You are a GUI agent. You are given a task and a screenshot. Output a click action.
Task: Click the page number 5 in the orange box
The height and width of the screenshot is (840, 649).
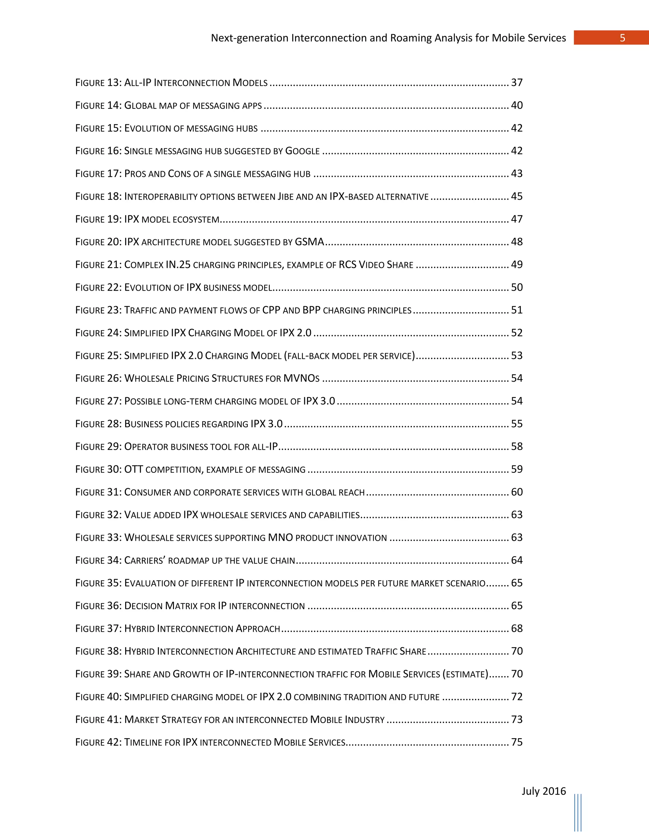pyautogui.click(x=622, y=38)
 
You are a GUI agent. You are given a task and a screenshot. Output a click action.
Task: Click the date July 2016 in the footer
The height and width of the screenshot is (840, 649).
pyautogui.click(x=543, y=791)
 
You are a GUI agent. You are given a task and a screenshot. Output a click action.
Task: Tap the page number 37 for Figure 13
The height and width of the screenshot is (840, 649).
pyautogui.click(x=517, y=83)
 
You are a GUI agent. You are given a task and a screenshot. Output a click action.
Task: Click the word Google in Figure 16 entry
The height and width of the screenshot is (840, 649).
pyautogui.click(x=302, y=151)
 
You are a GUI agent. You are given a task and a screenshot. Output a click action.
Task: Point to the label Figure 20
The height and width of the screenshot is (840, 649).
pyautogui.click(x=98, y=242)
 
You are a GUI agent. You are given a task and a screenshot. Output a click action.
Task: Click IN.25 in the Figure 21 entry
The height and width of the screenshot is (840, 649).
pyautogui.click(x=178, y=265)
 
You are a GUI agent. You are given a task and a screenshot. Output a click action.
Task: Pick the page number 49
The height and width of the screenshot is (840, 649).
pyautogui.click(x=517, y=265)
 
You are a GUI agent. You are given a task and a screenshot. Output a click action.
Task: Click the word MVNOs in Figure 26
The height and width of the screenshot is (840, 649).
pyautogui.click(x=301, y=378)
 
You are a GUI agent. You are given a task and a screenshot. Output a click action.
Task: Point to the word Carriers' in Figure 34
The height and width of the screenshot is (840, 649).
pyautogui.click(x=145, y=560)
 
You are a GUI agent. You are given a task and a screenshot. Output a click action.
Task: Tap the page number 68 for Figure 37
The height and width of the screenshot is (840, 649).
pyautogui.click(x=517, y=629)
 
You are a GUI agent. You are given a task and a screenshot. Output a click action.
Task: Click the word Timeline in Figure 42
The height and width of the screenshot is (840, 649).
pyautogui.click(x=143, y=742)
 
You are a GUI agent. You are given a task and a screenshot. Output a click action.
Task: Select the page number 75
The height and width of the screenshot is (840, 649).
pyautogui.click(x=517, y=742)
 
